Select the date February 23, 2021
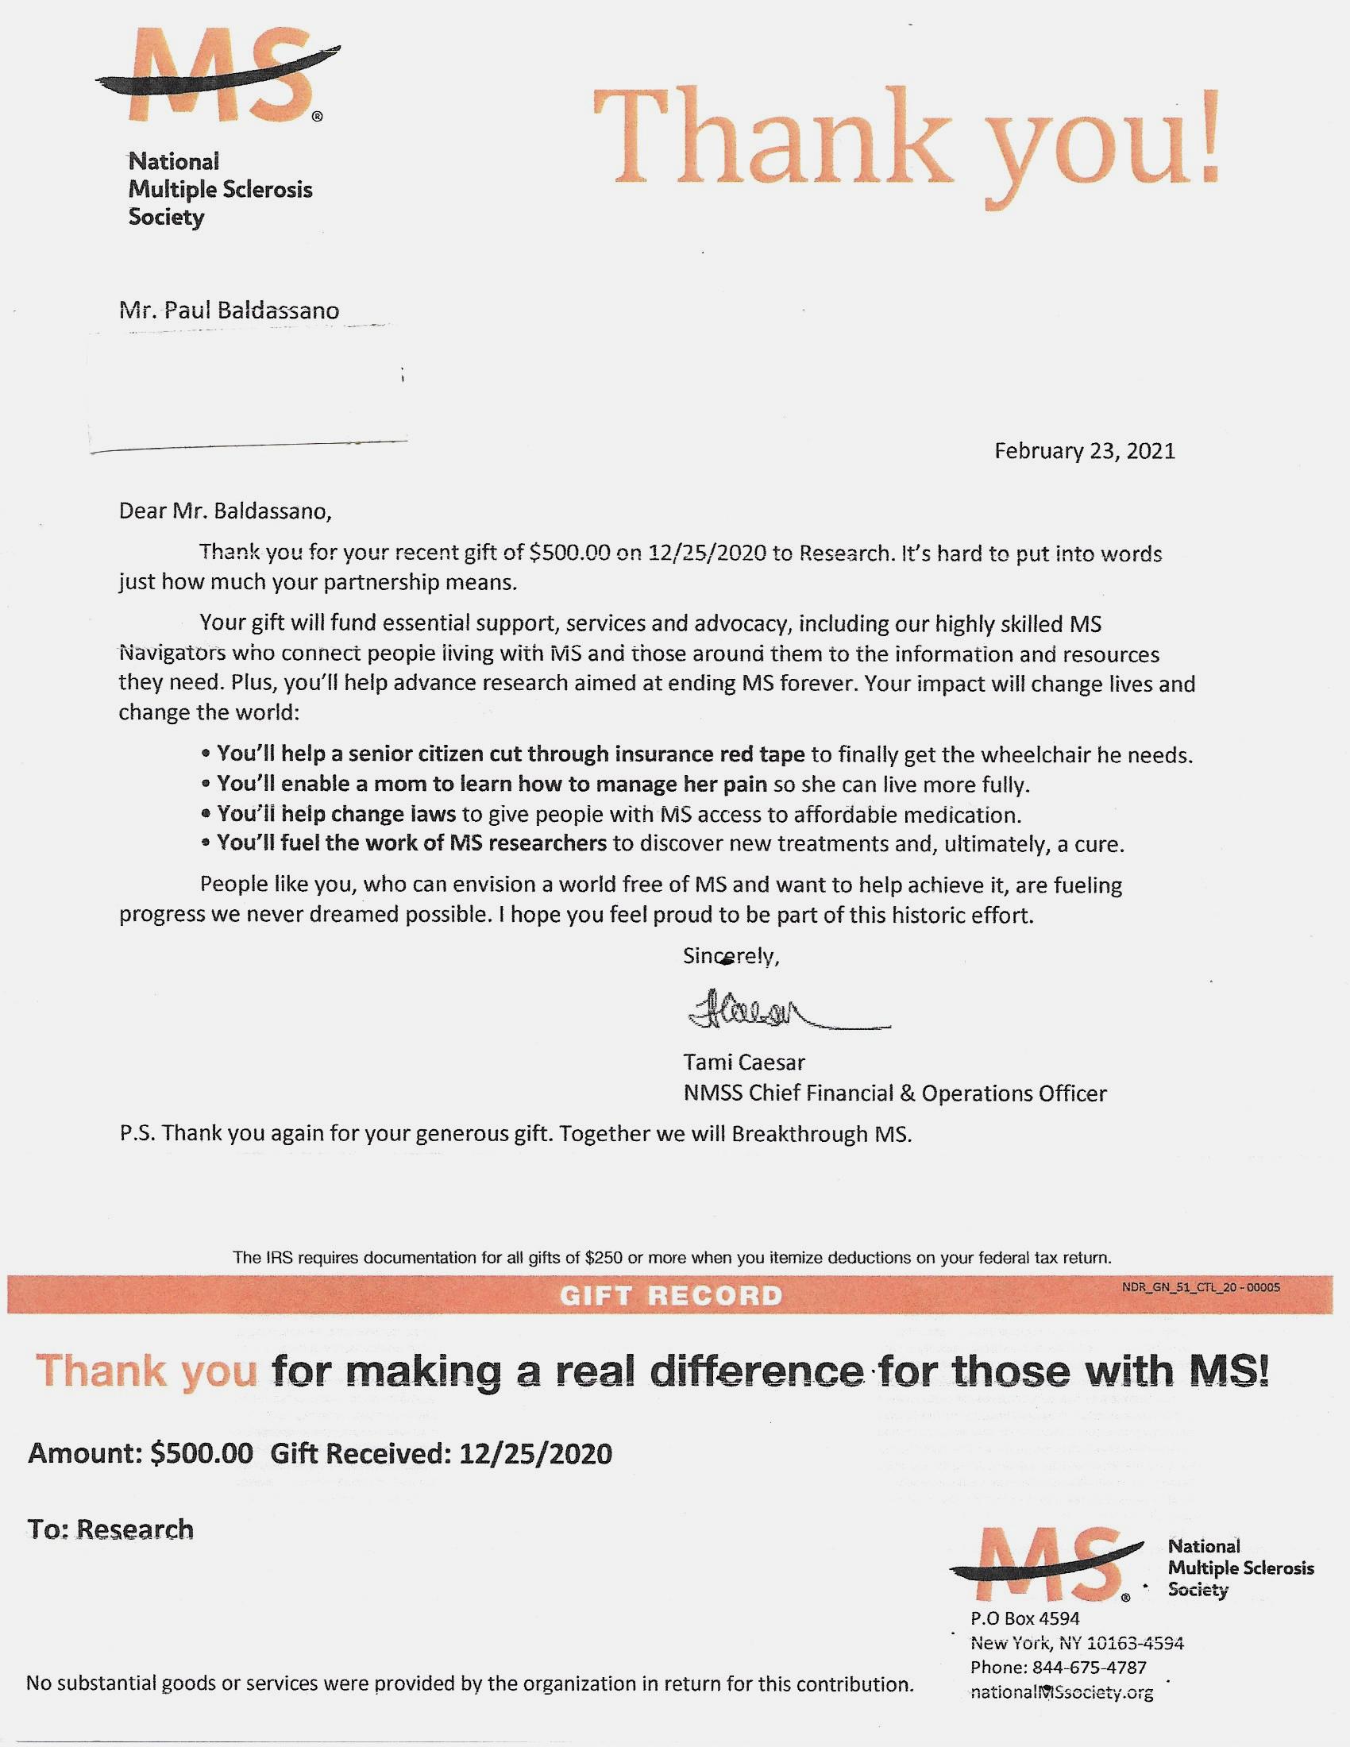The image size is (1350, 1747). (1085, 451)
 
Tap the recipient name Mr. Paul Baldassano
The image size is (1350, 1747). (229, 310)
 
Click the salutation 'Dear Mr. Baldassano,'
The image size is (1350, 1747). (225, 511)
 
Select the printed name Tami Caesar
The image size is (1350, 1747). (744, 1062)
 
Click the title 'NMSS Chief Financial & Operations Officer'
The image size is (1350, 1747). (895, 1093)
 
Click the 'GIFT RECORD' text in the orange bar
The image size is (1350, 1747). (670, 1296)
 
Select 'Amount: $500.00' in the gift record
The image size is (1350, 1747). (141, 1452)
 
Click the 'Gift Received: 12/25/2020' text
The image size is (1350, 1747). (441, 1452)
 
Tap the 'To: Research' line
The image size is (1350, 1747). (110, 1529)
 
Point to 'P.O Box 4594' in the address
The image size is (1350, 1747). (1024, 1619)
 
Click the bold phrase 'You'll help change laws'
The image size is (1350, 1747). (336, 815)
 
